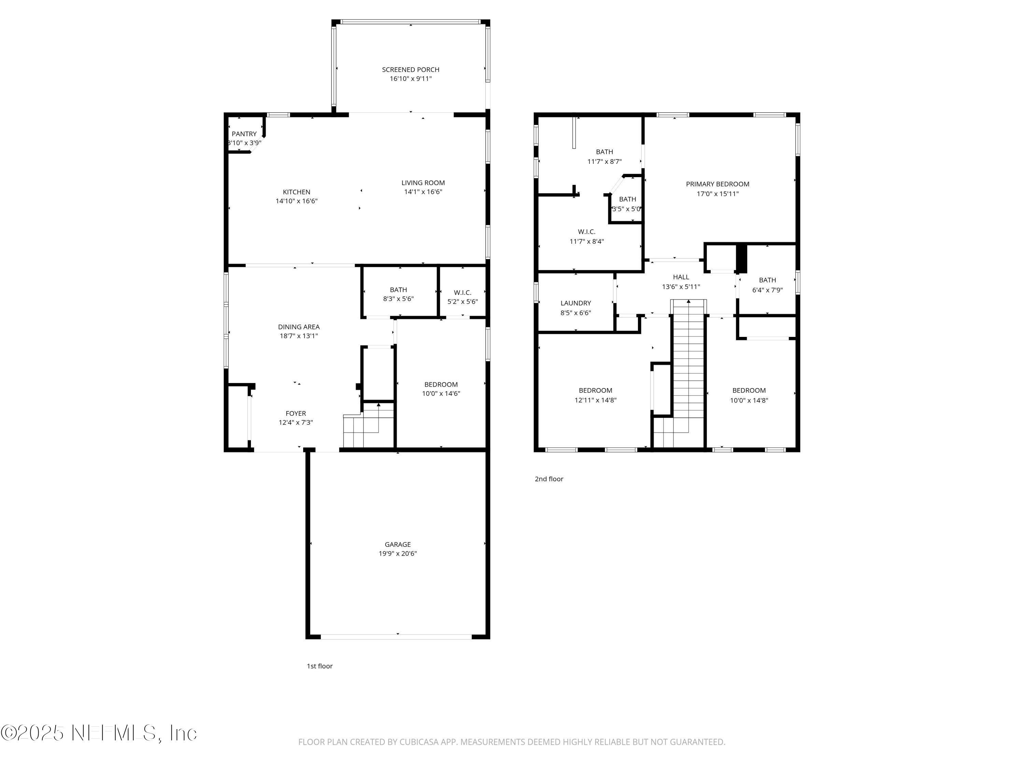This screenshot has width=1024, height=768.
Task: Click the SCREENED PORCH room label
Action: (411, 69)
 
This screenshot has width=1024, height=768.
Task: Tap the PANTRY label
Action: (244, 134)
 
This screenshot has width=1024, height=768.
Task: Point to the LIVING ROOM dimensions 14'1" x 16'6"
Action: (423, 191)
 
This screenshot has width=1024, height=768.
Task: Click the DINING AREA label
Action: (299, 327)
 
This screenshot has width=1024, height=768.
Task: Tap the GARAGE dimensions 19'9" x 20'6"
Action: (398, 553)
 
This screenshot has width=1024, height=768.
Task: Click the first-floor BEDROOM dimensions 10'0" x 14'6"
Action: (441, 394)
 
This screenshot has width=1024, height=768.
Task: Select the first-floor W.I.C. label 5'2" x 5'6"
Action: (463, 301)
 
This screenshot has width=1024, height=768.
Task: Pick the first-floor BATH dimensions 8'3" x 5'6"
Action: (398, 299)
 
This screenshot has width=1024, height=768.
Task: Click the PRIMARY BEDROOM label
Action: (717, 184)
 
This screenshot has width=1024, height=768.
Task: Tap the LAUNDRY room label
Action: (575, 303)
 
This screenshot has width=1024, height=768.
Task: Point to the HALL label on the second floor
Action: (681, 277)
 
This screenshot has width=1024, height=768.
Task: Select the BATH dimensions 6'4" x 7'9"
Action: (767, 290)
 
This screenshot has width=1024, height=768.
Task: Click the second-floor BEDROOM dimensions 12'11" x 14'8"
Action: (595, 400)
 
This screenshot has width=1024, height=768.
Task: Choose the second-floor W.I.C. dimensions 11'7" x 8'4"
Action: (586, 241)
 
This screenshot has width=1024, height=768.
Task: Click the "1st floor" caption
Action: (319, 666)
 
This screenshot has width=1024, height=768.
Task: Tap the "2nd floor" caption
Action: (549, 479)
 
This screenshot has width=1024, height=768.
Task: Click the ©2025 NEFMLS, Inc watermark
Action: (99, 733)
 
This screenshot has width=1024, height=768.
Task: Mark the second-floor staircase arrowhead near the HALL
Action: (688, 302)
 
